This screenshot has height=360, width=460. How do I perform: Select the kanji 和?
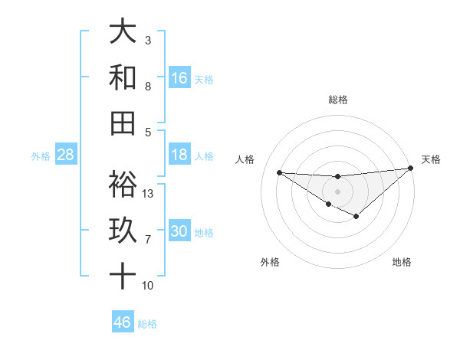pos(123,77)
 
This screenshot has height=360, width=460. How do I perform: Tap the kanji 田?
pos(123,123)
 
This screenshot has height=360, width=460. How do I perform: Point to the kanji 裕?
pos(123,185)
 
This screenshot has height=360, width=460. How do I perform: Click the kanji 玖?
pos(123,231)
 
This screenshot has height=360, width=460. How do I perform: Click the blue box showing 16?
pos(179,77)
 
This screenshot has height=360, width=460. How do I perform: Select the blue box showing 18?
pos(179,155)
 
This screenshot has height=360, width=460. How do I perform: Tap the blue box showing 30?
pos(179,231)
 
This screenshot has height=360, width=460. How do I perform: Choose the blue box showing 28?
pos(66,155)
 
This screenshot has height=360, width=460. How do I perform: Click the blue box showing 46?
pos(123,322)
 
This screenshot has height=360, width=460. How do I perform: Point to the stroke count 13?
pos(148,194)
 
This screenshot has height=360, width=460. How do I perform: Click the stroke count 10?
pos(148,286)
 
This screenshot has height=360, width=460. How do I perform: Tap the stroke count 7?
pos(148,240)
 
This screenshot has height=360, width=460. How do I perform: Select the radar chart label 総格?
pos(338,100)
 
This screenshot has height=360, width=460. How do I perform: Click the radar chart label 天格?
pos(431,159)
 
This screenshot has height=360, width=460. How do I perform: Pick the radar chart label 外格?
pos(270,262)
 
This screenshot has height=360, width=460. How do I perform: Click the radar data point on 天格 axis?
pos(410,168)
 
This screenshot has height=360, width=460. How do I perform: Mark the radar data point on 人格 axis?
pos(280,172)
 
